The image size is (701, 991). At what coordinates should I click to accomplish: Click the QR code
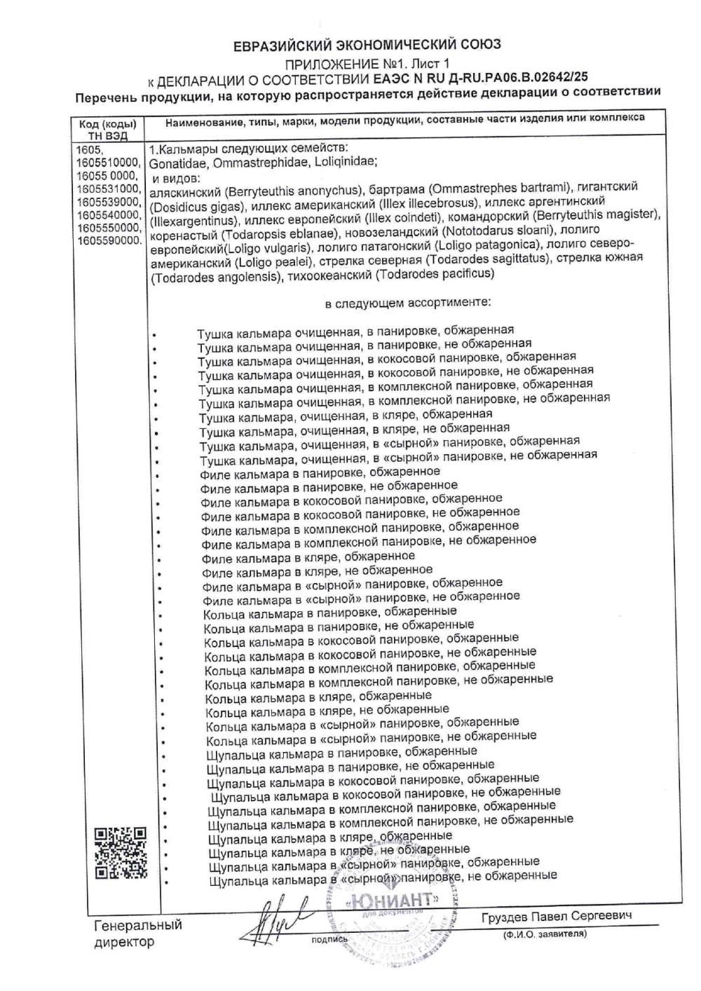pyautogui.click(x=121, y=852)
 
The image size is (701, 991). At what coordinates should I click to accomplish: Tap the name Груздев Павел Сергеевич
pyautogui.click(x=557, y=917)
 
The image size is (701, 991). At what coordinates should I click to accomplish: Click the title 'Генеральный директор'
pyautogui.click(x=137, y=933)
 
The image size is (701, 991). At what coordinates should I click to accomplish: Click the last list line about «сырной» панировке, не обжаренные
pyautogui.click(x=383, y=876)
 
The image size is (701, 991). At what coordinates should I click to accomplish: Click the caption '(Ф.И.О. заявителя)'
pyautogui.click(x=545, y=934)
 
